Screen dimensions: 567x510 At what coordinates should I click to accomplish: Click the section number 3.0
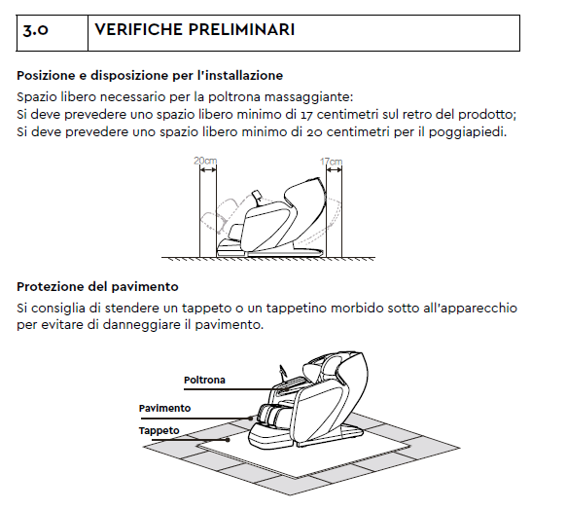[35, 30]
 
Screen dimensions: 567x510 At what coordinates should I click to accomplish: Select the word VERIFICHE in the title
[138, 29]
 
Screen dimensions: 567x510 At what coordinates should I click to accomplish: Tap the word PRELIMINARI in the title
[241, 29]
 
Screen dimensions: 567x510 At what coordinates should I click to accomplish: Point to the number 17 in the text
[306, 115]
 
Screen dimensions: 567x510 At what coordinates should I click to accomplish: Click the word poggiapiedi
[468, 132]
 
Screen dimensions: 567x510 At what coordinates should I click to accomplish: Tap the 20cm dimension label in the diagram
[205, 161]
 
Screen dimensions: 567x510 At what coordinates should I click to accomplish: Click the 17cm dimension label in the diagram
[331, 161]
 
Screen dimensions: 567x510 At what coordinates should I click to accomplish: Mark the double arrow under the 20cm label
[208, 170]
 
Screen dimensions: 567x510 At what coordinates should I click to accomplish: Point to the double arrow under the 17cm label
[335, 169]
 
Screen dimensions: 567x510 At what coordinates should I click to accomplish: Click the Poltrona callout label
[204, 380]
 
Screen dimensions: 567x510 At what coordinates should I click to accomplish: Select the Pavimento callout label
[164, 408]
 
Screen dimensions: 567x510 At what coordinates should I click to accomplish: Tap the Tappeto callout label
[159, 431]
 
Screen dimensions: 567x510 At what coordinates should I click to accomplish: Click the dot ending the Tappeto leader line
[228, 440]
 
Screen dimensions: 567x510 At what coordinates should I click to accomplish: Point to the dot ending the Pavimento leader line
[251, 419]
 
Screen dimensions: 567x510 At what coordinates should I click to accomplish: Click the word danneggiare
[141, 325]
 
